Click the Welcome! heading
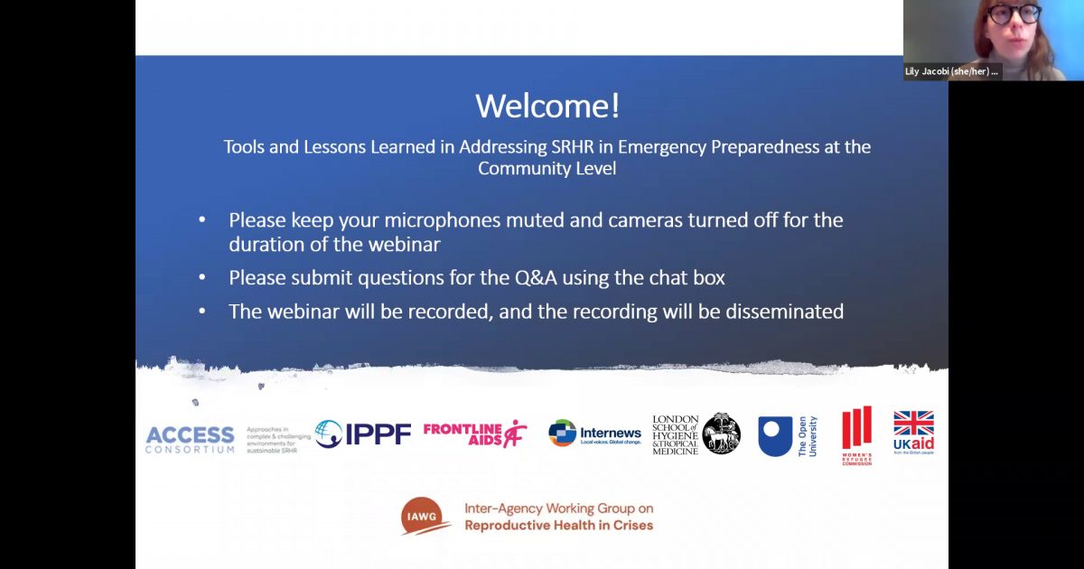[x=547, y=107]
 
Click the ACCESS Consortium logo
[x=190, y=439]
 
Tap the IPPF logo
[x=363, y=434]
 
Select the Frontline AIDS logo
[x=475, y=434]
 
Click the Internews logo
[x=594, y=434]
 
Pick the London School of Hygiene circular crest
[x=721, y=434]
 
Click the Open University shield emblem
[x=775, y=434]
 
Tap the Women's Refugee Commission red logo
[x=856, y=434]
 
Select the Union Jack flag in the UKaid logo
[x=913, y=424]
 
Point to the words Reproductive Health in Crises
[x=558, y=525]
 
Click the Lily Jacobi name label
[x=952, y=72]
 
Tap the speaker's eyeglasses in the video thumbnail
[x=1012, y=14]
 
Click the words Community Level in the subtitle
[x=547, y=169]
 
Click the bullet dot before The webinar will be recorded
[x=202, y=312]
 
